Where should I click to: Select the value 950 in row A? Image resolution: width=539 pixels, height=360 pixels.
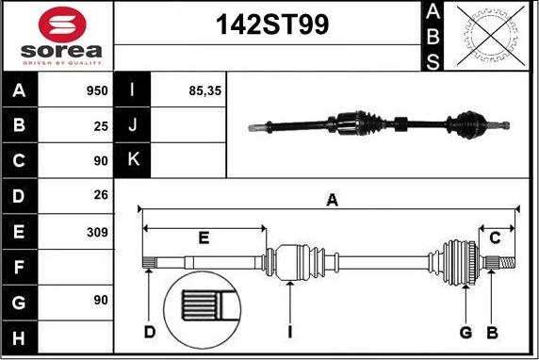[97, 91]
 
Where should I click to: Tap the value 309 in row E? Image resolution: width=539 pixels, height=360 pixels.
[97, 232]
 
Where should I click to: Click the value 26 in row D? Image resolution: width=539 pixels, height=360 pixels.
[100, 196]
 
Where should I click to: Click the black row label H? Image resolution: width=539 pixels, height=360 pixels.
[20, 337]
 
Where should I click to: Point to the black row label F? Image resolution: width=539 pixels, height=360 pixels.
[20, 268]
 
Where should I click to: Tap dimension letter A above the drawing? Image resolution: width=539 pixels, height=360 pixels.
[332, 199]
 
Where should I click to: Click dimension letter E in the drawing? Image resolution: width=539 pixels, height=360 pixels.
[203, 237]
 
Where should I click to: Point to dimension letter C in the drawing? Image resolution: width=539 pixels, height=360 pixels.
[496, 237]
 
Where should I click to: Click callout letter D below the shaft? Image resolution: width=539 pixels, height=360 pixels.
[149, 332]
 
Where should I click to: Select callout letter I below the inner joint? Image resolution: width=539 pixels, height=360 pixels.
[291, 332]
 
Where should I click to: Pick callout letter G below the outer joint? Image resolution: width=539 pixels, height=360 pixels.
[465, 332]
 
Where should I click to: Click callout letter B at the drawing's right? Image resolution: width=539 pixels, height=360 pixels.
[491, 332]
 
